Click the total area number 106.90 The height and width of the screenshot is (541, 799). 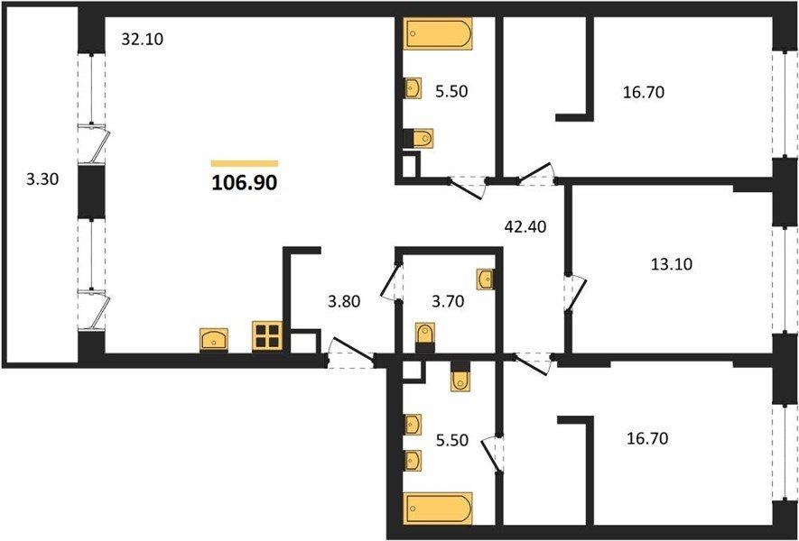[x=244, y=182]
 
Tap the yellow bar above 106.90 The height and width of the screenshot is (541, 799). [x=245, y=163]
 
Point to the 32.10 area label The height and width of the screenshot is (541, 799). [x=142, y=39]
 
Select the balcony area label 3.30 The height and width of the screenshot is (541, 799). [x=42, y=179]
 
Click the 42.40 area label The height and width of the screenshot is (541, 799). [x=525, y=226]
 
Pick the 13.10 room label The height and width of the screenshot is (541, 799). [x=672, y=265]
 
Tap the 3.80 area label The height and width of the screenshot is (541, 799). [x=344, y=302]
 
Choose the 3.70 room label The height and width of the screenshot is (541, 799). [x=447, y=302]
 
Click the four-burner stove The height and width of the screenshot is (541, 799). [x=267, y=336]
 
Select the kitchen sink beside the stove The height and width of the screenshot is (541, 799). [x=214, y=339]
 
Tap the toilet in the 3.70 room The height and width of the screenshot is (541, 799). [x=425, y=337]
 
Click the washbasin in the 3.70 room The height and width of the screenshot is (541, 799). [x=485, y=279]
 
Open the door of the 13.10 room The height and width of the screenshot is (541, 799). [x=574, y=293]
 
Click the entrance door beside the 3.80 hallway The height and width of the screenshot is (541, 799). [x=351, y=351]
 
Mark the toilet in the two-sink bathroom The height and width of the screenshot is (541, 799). [x=460, y=376]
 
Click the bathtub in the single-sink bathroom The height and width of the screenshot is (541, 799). [x=438, y=33]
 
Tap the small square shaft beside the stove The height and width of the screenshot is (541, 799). [x=305, y=342]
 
